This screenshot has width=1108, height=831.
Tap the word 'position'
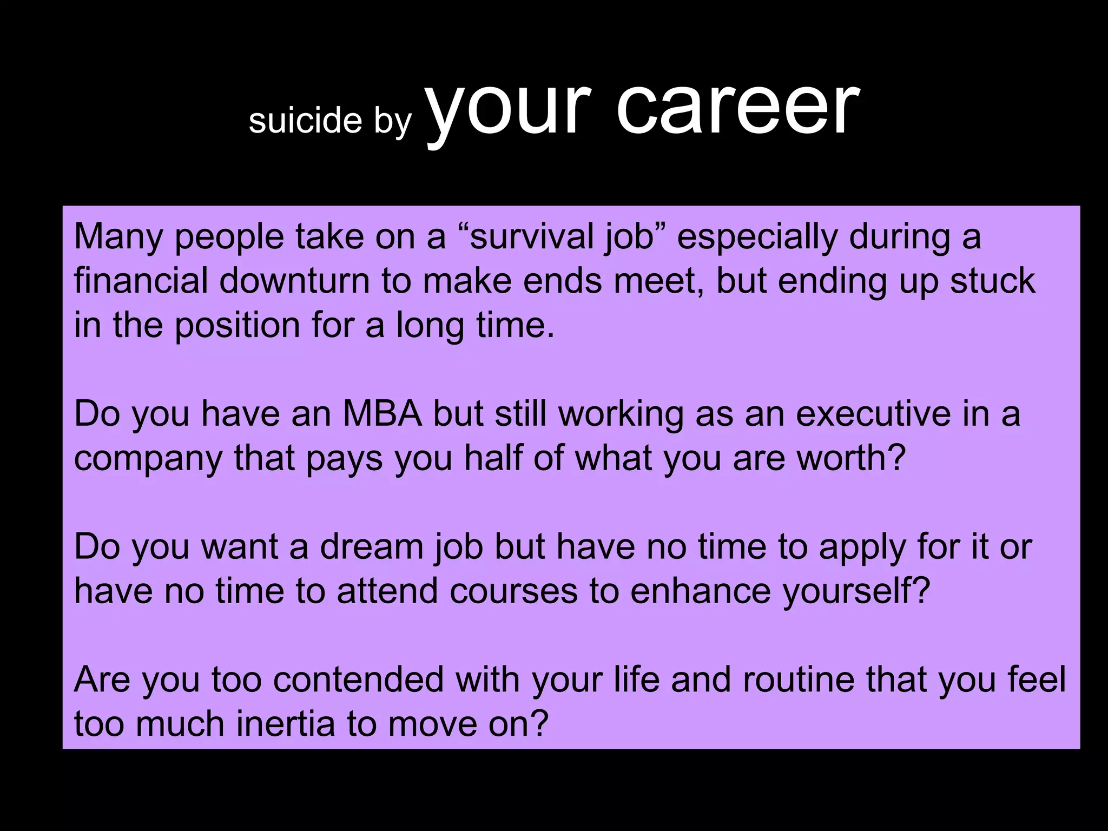coord(237,325)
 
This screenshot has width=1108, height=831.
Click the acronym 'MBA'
coord(382,414)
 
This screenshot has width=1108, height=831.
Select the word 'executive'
coord(873,414)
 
